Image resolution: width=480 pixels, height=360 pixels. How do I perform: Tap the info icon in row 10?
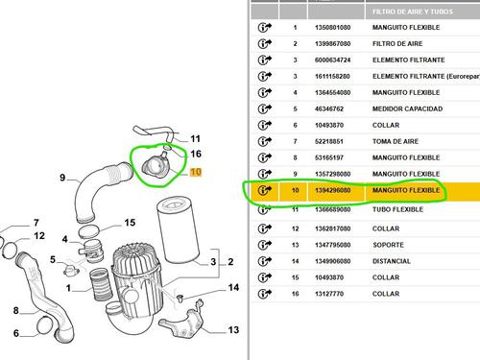click(x=265, y=191)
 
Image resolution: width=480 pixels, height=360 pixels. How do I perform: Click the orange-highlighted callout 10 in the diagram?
click(x=196, y=173)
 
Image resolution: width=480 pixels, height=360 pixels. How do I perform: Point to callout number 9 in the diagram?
click(x=62, y=178)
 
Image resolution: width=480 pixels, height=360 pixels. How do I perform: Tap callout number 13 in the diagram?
click(x=233, y=329)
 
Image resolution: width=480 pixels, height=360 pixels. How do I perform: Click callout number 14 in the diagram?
click(x=232, y=288)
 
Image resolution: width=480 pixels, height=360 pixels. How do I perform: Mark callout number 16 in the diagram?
click(x=195, y=154)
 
